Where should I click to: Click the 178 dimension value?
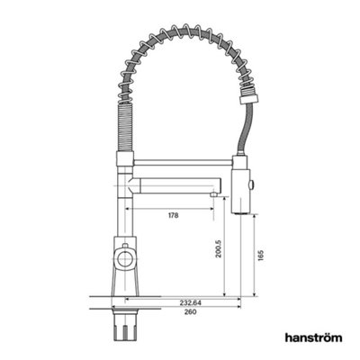point(174,215)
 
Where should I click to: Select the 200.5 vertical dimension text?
point(219,248)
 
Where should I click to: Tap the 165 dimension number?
point(260,255)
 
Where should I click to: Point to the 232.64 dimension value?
point(191,303)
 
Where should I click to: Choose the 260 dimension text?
point(191,312)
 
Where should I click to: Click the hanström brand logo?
point(313,337)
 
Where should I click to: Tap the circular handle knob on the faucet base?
point(124,258)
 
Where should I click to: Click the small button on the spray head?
point(252,184)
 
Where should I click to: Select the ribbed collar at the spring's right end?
point(248,95)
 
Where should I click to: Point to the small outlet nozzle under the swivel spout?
point(213,194)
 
